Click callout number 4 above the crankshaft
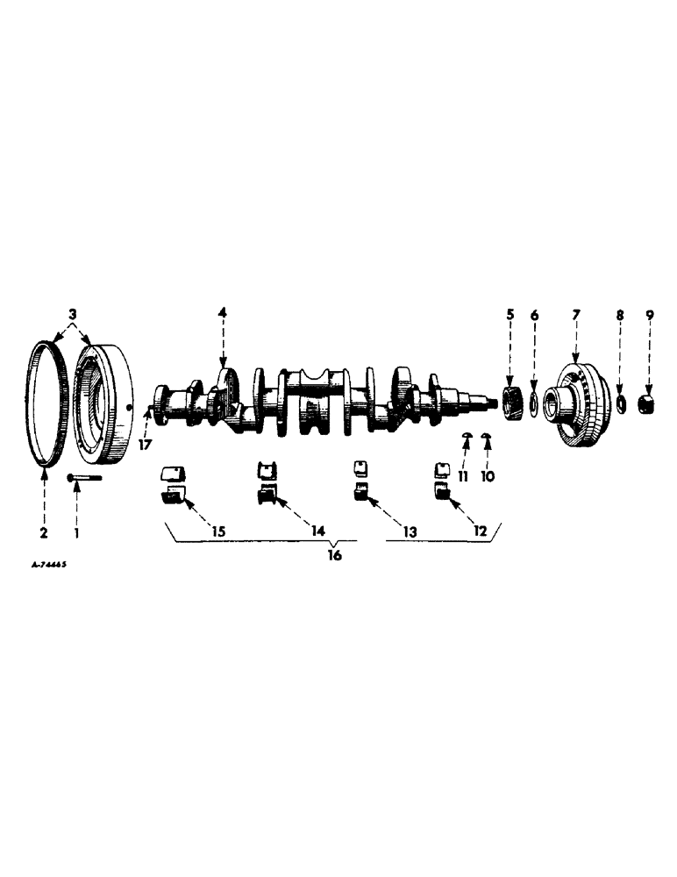(x=223, y=313)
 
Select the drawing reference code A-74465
(x=49, y=567)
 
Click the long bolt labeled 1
(x=83, y=478)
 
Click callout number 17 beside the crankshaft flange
(x=145, y=445)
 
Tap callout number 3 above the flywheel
(x=73, y=313)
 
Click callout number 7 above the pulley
(x=575, y=313)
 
